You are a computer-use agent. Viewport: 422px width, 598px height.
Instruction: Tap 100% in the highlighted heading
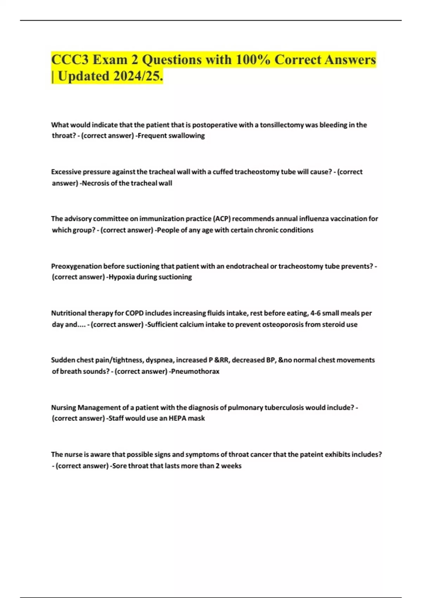(253, 60)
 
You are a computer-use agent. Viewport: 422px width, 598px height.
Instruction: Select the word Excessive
(66, 172)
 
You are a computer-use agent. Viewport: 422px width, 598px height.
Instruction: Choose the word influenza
(314, 219)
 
